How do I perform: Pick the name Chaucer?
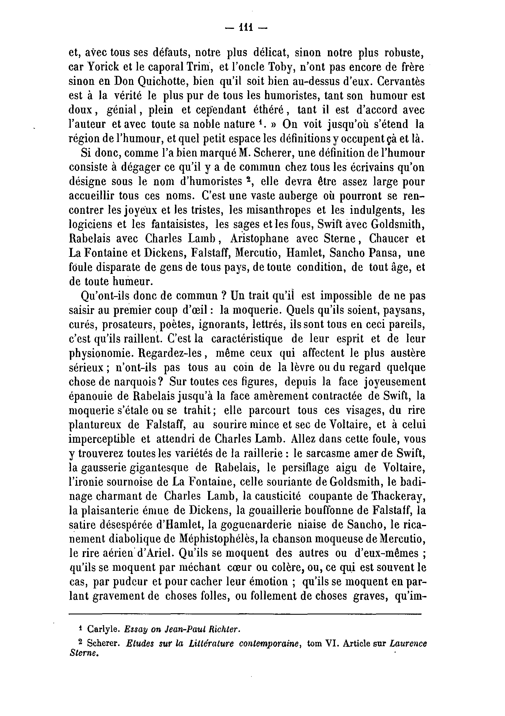389,239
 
